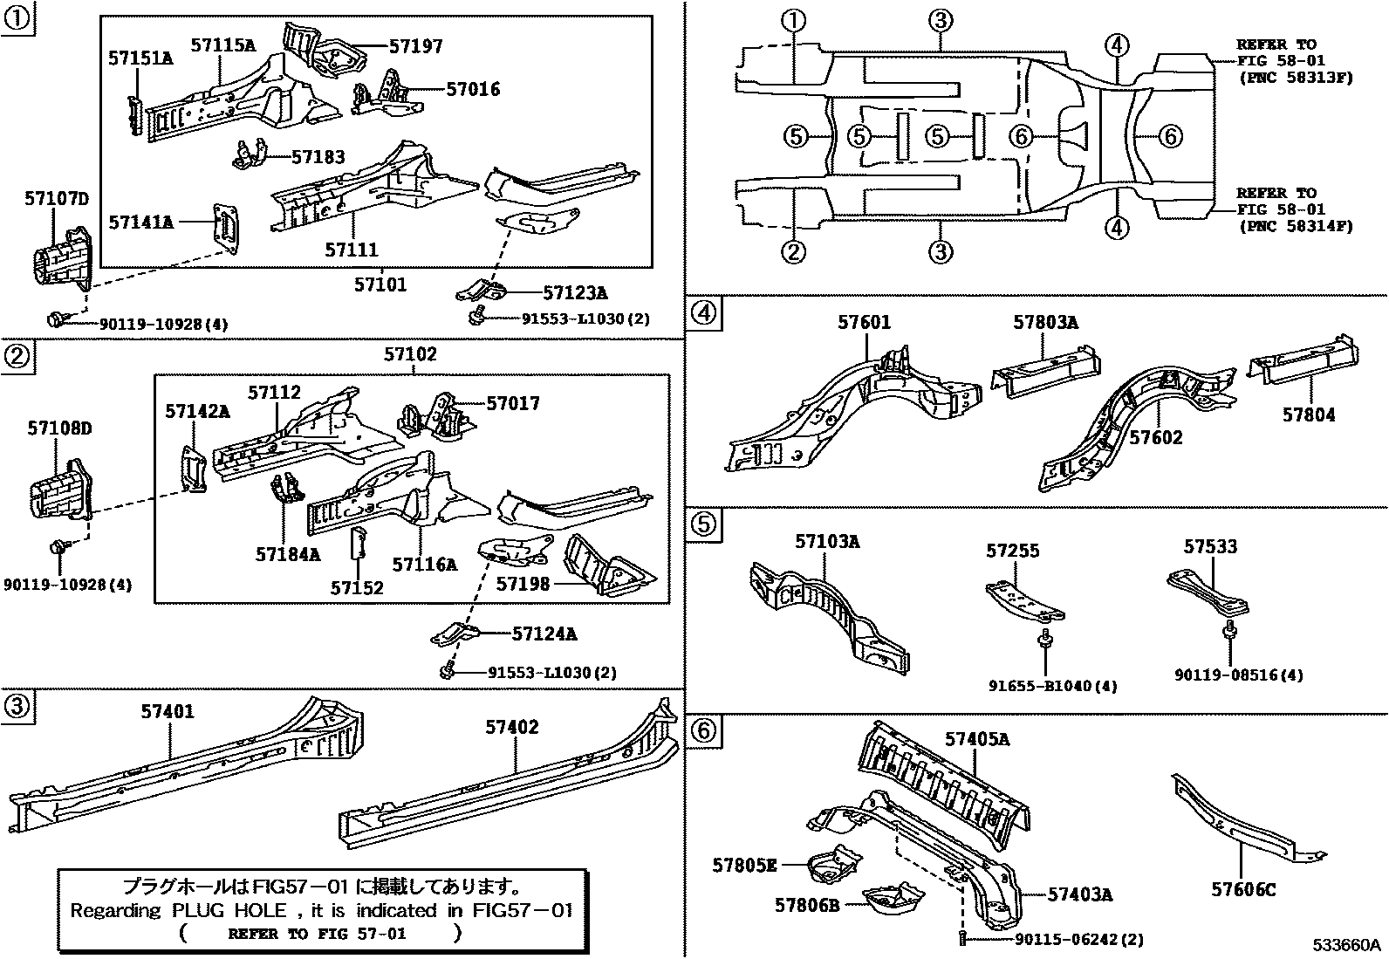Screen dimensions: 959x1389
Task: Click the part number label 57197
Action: tap(415, 46)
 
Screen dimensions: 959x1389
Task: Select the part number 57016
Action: tap(473, 89)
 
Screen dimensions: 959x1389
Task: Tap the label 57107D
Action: tap(56, 200)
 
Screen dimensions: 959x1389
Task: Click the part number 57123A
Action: tap(574, 292)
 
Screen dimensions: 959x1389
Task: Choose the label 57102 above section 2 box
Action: tap(410, 354)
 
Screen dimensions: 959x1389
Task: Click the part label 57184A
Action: tap(288, 553)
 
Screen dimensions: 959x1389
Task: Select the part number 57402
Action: tap(512, 727)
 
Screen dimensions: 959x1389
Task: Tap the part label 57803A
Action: tap(1045, 323)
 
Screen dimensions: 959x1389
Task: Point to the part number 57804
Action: tap(1308, 415)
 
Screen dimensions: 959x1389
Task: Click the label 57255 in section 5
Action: tap(1013, 551)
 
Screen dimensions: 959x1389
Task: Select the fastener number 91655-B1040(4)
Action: tap(1052, 686)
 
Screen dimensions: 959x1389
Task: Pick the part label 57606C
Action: tap(1243, 889)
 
